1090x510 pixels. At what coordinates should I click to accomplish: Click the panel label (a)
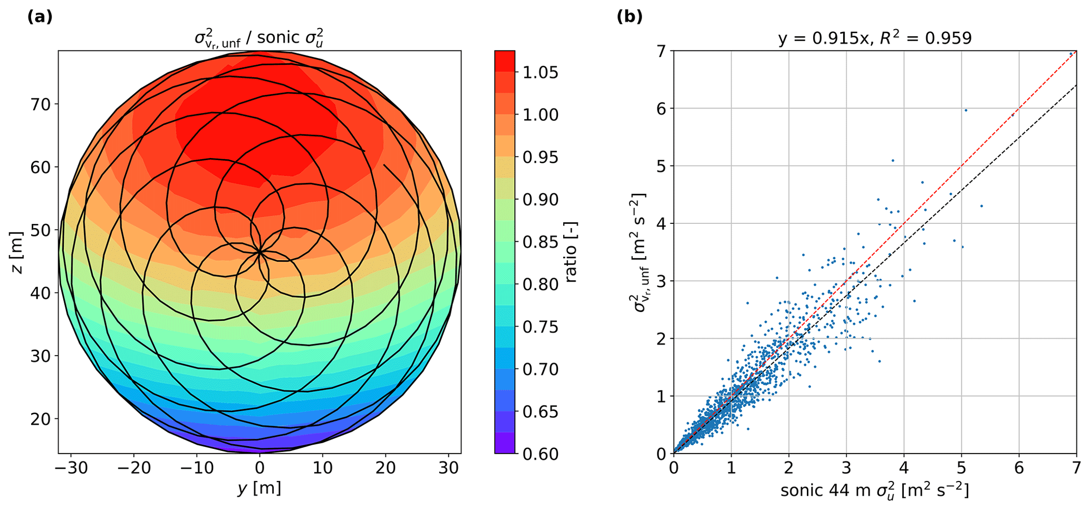click(x=40, y=17)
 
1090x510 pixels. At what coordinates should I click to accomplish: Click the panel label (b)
click(x=630, y=17)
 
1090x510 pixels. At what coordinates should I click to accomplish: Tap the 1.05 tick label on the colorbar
click(x=540, y=72)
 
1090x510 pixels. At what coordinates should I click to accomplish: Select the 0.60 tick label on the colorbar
click(x=540, y=454)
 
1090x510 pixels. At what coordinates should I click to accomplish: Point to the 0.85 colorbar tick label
click(x=540, y=242)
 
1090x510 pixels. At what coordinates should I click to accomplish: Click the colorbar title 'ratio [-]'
click(x=571, y=252)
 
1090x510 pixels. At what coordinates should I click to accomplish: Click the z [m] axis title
click(x=17, y=252)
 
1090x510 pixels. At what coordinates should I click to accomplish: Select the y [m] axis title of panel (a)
click(x=259, y=488)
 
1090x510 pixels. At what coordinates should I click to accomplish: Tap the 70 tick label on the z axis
click(x=40, y=104)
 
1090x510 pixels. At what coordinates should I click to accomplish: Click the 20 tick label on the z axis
click(x=40, y=419)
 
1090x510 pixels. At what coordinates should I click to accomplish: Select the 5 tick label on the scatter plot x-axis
click(x=961, y=468)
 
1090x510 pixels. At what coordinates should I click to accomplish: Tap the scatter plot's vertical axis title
click(x=640, y=252)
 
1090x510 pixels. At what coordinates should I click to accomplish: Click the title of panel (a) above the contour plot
click(x=259, y=38)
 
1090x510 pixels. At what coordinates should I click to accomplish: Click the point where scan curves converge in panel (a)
click(x=259, y=252)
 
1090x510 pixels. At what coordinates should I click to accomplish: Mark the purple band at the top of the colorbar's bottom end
click(x=505, y=443)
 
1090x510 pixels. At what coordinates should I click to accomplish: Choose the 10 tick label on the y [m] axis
click(x=322, y=468)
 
